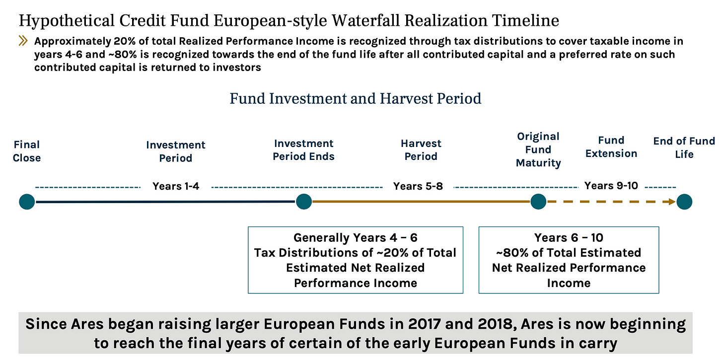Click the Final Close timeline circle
[27, 202]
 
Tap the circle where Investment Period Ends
[303, 202]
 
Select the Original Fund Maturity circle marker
[538, 202]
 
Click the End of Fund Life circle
[684, 202]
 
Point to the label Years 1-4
[176, 186]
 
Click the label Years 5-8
[418, 186]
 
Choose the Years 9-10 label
[611, 186]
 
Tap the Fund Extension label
[611, 147]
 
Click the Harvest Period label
[421, 150]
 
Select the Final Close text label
[27, 151]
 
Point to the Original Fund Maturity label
[538, 149]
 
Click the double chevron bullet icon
[23, 41]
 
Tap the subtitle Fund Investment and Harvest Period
[355, 98]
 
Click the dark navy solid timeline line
[164, 202]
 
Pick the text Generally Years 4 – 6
[355, 238]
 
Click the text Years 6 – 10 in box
[569, 238]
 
